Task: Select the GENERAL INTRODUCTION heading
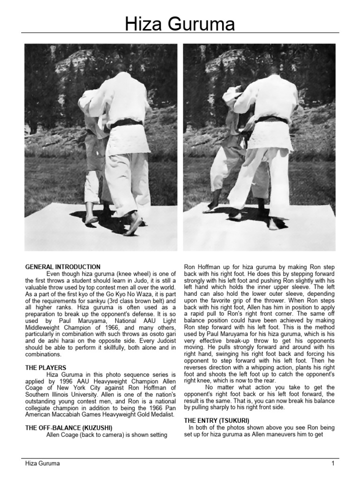62,267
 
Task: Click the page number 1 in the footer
332,464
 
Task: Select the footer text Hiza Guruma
42,464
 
